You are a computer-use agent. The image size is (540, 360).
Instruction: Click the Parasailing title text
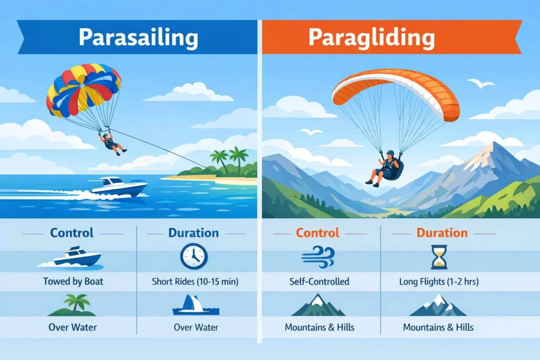tap(138, 37)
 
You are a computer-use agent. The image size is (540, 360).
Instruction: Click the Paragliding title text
tap(372, 37)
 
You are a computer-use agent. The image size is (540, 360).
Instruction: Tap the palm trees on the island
tap(232, 159)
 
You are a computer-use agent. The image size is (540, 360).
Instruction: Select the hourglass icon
tap(439, 256)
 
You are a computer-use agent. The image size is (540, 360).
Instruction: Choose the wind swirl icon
tap(316, 257)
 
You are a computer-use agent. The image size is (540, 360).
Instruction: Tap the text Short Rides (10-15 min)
tap(196, 282)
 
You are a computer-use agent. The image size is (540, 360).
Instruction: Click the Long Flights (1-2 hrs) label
tap(439, 282)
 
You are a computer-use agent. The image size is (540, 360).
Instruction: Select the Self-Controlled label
tap(319, 282)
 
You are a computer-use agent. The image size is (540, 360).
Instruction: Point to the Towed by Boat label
tap(73, 281)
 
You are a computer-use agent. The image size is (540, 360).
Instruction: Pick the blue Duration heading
tap(193, 233)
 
